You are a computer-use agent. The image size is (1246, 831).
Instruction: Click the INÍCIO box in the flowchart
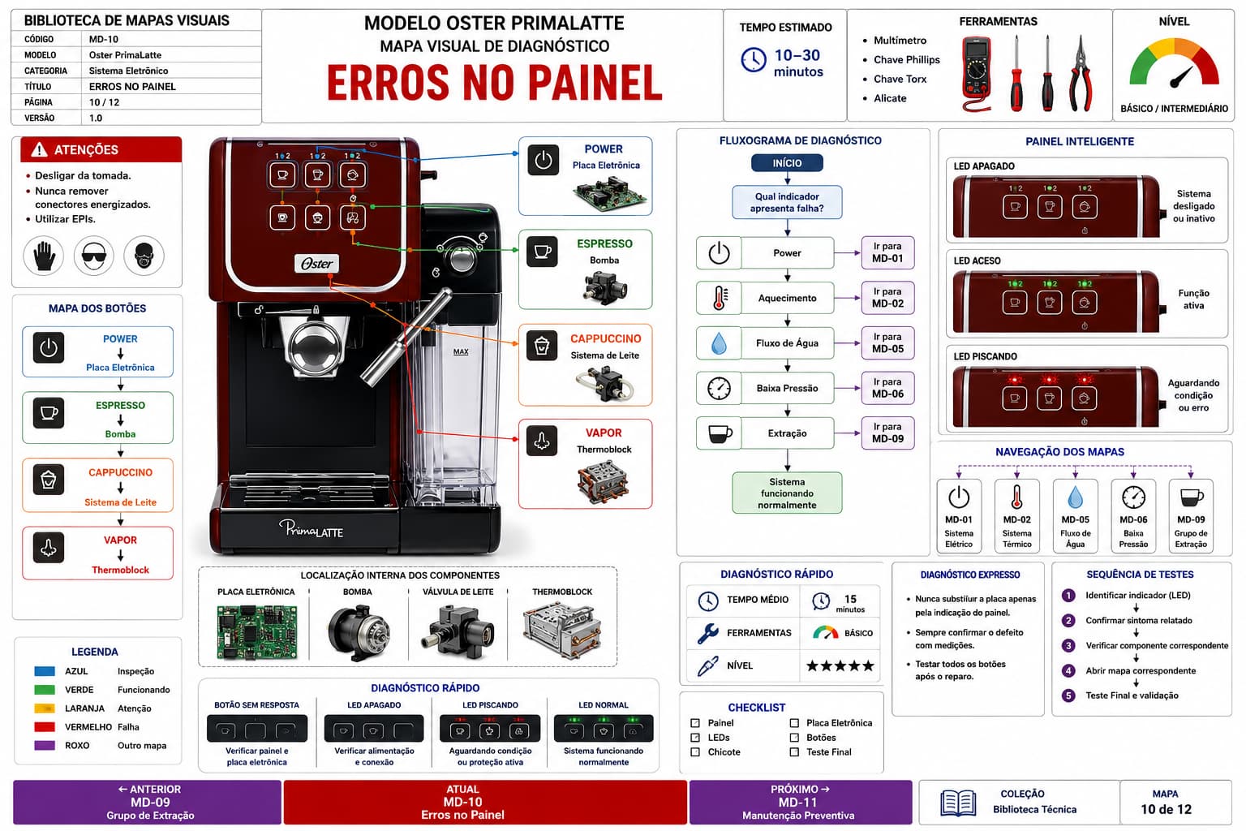[x=787, y=163]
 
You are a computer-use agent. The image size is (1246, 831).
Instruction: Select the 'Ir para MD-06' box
[x=887, y=388]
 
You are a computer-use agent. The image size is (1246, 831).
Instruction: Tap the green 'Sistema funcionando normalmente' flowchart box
[x=787, y=493]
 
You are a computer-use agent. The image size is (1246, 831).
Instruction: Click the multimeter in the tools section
[x=977, y=73]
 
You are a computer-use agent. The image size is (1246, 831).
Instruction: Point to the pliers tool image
[x=1081, y=74]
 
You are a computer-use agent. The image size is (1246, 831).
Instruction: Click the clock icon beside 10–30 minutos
[x=753, y=60]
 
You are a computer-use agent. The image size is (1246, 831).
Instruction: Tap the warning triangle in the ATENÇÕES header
[x=39, y=149]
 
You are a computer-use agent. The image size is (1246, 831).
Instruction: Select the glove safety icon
[x=43, y=256]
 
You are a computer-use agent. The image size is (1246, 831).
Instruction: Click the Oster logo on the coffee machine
[x=316, y=263]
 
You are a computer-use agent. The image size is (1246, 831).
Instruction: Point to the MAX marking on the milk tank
[x=461, y=351]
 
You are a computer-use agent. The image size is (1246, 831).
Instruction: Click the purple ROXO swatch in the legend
[x=45, y=745]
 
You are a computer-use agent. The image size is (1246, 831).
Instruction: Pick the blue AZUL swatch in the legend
[x=45, y=671]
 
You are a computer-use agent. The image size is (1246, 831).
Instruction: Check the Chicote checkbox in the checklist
[x=694, y=752]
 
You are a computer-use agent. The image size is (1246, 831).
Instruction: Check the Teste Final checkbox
[x=794, y=752]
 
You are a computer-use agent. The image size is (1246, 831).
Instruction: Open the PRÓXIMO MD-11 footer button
[x=801, y=802]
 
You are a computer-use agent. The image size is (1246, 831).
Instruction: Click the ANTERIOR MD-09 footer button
[x=148, y=802]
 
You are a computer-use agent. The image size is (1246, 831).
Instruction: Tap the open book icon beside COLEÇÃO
[x=958, y=803]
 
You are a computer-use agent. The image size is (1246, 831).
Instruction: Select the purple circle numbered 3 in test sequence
[x=1068, y=646]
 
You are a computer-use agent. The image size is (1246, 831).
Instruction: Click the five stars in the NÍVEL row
[x=840, y=665]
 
